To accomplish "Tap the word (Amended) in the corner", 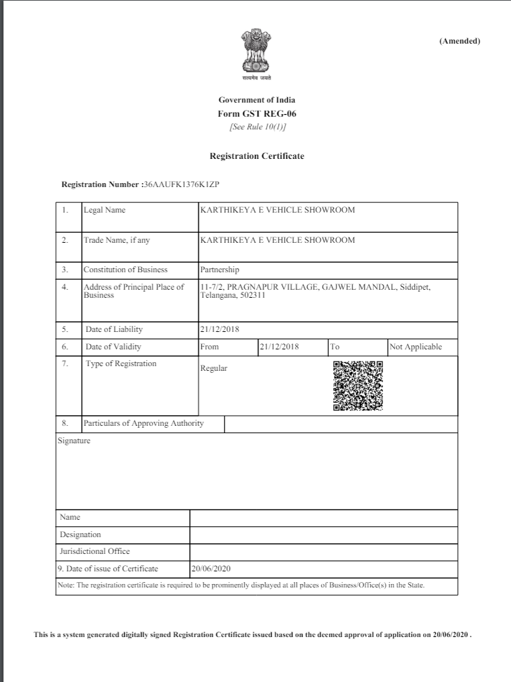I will (x=459, y=41).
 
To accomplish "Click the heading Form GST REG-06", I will (x=257, y=113).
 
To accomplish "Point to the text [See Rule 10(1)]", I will (x=257, y=127).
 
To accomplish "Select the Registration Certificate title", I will (x=257, y=156).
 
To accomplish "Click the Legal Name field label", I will (x=105, y=210).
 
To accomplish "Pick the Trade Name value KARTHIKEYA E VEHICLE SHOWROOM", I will (x=278, y=240).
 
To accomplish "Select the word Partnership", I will (x=219, y=270).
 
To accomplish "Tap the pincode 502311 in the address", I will (x=253, y=295).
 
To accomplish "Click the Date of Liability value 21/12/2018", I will (x=219, y=329).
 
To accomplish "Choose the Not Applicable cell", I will (x=416, y=347).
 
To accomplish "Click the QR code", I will (x=358, y=386).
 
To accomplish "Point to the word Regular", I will (x=214, y=368).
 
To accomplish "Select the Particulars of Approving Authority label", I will (x=144, y=423).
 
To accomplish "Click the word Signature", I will (x=74, y=441).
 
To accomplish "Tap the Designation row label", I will (x=80, y=534).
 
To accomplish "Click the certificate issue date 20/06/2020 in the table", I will (x=211, y=569).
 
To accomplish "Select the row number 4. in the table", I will (x=65, y=287).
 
